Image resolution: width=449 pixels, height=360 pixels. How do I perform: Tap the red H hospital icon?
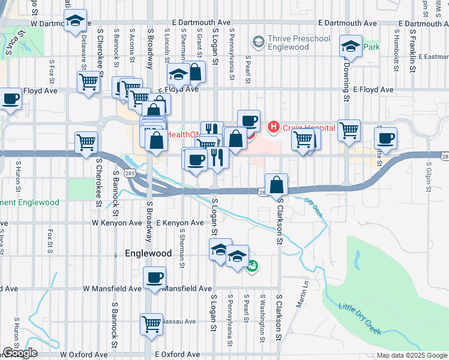click(x=274, y=127)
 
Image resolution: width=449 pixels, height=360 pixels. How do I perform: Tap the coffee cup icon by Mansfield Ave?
click(x=155, y=278)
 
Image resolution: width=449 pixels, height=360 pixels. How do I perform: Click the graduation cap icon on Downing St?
click(x=351, y=46)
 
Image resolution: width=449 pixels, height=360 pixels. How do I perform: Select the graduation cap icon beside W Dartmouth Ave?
click(x=76, y=20)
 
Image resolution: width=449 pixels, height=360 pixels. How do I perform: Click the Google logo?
click(x=19, y=353)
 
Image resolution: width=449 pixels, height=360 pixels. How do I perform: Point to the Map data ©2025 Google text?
click(x=411, y=355)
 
